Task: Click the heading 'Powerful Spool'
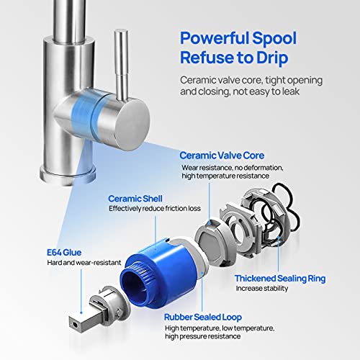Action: tap(238, 37)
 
